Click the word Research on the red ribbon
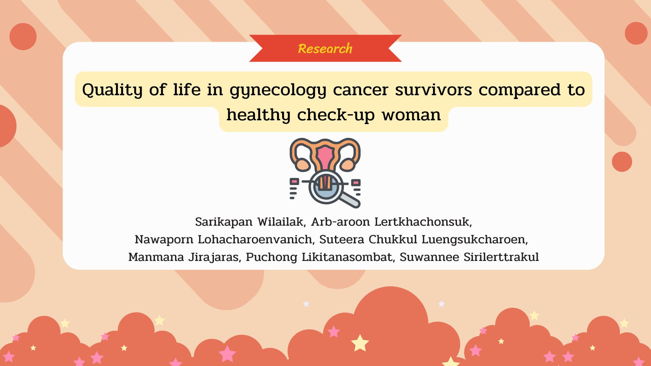coord(325,49)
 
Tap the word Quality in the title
coord(112,90)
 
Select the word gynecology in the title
coord(278,90)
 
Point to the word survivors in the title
coord(433,90)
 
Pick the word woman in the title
coord(411,115)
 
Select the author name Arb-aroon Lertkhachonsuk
coord(392,222)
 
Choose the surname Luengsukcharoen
coord(475,240)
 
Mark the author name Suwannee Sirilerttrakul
coord(469,257)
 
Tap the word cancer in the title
coord(360,90)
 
